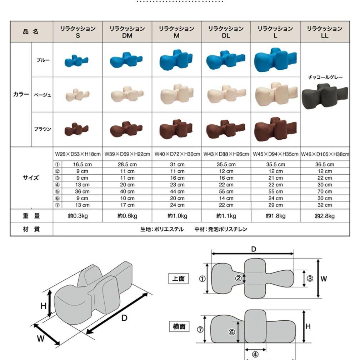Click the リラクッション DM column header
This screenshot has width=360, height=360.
pos(127,32)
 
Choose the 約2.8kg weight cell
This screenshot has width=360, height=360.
pos(325,216)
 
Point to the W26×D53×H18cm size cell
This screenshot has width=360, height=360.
pos(78,154)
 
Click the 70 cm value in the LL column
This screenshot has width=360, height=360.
pos(325,191)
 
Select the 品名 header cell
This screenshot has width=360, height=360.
pos(31,32)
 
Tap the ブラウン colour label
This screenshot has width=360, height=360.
pos(42,129)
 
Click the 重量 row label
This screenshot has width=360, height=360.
pos(31,216)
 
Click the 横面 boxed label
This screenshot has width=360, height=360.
pos(179,326)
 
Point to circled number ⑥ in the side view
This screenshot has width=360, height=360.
pos(232,332)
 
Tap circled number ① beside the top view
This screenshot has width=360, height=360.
pos(202,279)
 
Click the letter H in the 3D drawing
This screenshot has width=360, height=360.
pos(43,306)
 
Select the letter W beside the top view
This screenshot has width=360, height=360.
pos(324,279)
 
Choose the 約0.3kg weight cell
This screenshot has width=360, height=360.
pos(78,216)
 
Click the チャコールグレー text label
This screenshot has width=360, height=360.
pos(325,77)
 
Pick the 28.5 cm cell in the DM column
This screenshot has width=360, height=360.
pos(127,165)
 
